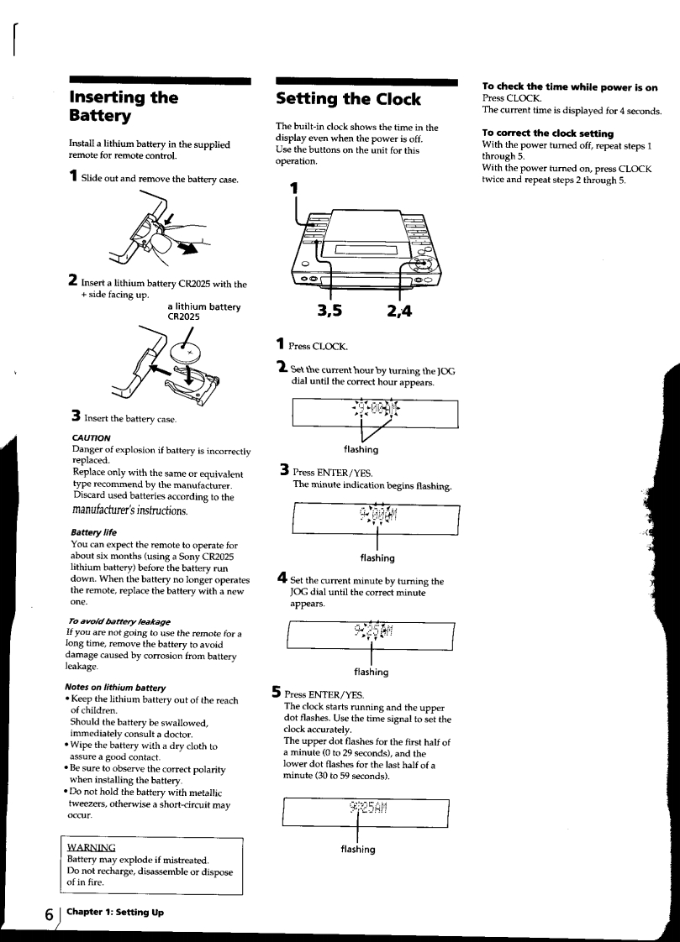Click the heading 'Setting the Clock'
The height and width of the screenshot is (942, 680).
[348, 100]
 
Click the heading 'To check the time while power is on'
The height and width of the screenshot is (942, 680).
[569, 86]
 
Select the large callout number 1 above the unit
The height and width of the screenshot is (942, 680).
[294, 189]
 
